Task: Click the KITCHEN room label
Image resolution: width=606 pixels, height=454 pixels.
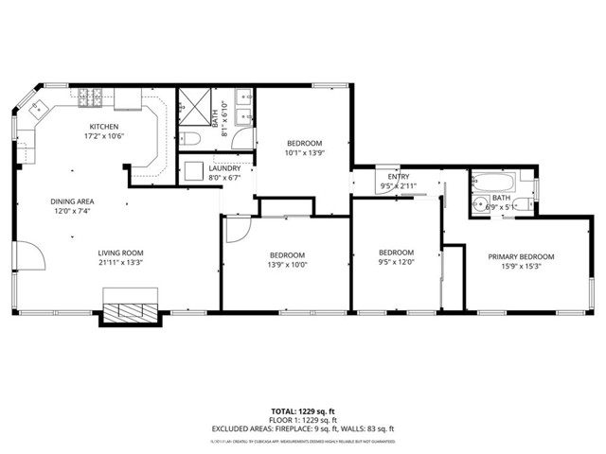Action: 104,126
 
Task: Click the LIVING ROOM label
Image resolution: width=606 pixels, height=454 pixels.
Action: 120,253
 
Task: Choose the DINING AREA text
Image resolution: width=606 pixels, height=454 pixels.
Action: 72,201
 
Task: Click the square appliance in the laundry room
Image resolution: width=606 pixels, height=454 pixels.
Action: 194,170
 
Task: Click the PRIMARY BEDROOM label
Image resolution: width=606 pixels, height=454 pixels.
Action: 521,256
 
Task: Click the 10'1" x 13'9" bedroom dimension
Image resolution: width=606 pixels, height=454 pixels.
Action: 305,152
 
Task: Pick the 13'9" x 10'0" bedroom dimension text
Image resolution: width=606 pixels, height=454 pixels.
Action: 286,265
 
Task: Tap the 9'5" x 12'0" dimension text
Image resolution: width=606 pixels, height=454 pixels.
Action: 396,262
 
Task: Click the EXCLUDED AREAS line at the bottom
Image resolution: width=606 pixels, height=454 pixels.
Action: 302,428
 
